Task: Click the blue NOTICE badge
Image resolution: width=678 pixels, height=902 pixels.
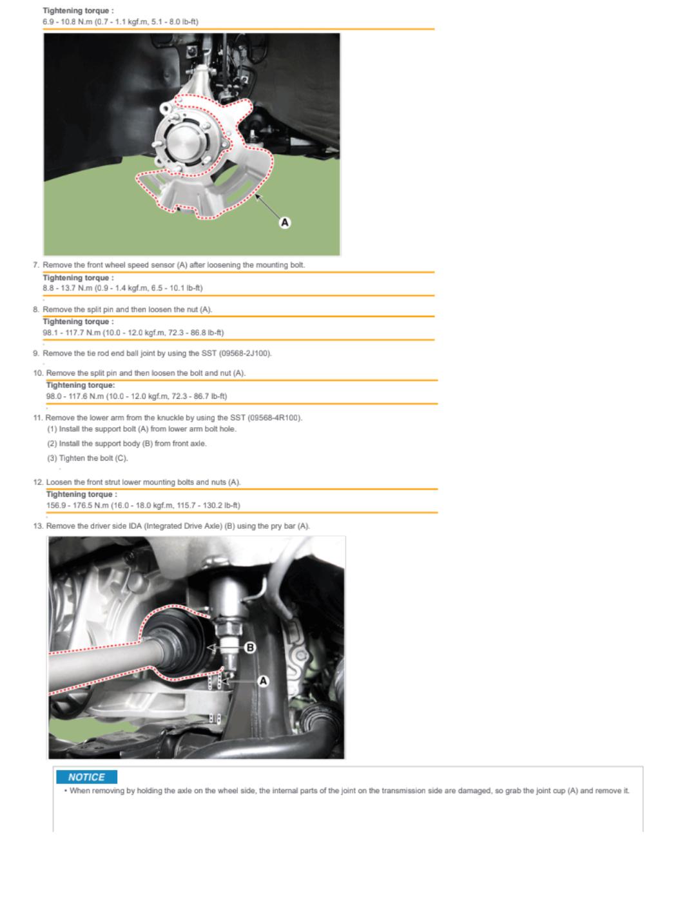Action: [87, 776]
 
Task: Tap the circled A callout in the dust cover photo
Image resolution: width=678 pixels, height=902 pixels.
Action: [285, 223]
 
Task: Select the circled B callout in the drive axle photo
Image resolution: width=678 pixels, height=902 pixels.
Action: [250, 648]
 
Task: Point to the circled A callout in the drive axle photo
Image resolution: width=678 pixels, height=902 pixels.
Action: [263, 681]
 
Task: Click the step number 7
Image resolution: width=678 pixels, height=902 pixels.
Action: [35, 265]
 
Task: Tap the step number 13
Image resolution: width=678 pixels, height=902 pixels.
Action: [38, 526]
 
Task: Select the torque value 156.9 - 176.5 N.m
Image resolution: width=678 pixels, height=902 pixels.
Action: [78, 506]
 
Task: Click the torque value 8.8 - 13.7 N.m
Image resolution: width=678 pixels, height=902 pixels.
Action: [68, 288]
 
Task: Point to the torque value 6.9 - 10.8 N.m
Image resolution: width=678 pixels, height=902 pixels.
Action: [68, 22]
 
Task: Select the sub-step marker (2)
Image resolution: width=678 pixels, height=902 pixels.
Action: [52, 444]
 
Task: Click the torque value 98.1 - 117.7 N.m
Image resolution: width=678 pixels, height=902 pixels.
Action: [72, 333]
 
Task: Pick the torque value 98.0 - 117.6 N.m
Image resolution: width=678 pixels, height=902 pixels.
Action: [75, 396]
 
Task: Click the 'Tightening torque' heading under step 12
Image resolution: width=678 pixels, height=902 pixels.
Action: [82, 494]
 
